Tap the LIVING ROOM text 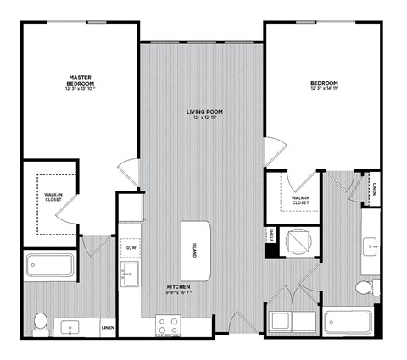[203, 111]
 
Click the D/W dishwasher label [131, 248]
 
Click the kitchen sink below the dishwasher [130, 274]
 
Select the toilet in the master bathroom [40, 321]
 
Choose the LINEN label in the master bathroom [108, 327]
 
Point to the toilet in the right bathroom [365, 288]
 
